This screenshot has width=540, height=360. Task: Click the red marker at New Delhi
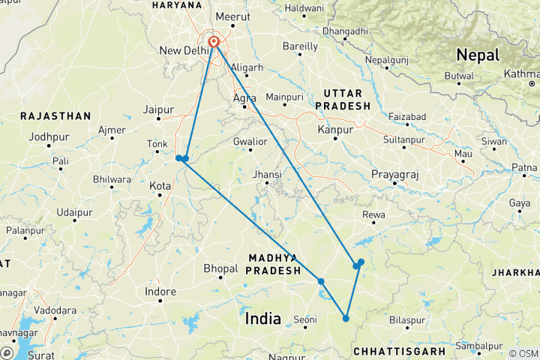click(214, 42)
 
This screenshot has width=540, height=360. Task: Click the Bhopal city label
click(220, 268)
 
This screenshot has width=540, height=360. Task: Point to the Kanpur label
click(335, 130)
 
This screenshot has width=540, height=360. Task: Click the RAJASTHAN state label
click(55, 116)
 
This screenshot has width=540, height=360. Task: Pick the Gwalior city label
click(250, 141)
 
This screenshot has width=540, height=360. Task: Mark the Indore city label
click(160, 291)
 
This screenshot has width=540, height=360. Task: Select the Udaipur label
click(76, 213)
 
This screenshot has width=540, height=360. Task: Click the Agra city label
click(244, 97)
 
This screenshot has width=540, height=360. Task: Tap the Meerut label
click(232, 16)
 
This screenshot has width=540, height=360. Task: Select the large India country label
click(262, 319)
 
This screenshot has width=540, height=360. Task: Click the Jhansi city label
click(267, 175)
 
